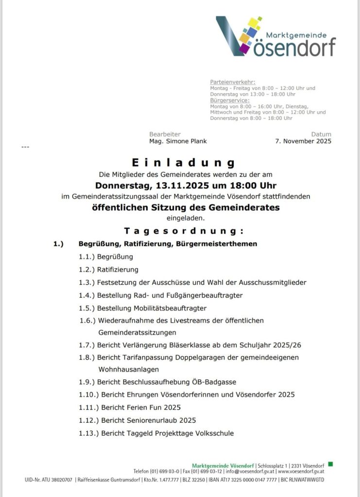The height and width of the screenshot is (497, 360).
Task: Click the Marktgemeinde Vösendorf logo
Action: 275,36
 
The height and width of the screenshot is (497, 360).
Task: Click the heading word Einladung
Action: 183,163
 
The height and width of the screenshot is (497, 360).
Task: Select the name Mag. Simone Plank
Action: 178,141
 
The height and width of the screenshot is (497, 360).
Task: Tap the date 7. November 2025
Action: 303,141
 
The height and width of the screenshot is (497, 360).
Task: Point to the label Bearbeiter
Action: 165,134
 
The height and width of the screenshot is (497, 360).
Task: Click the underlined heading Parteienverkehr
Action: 233,82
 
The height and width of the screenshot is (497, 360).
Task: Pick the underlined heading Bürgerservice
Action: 230,100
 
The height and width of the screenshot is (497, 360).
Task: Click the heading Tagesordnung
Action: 183,230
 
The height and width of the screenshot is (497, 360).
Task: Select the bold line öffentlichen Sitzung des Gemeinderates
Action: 186,207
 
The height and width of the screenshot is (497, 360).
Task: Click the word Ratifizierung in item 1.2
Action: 118,269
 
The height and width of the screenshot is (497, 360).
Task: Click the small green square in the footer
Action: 330,464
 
